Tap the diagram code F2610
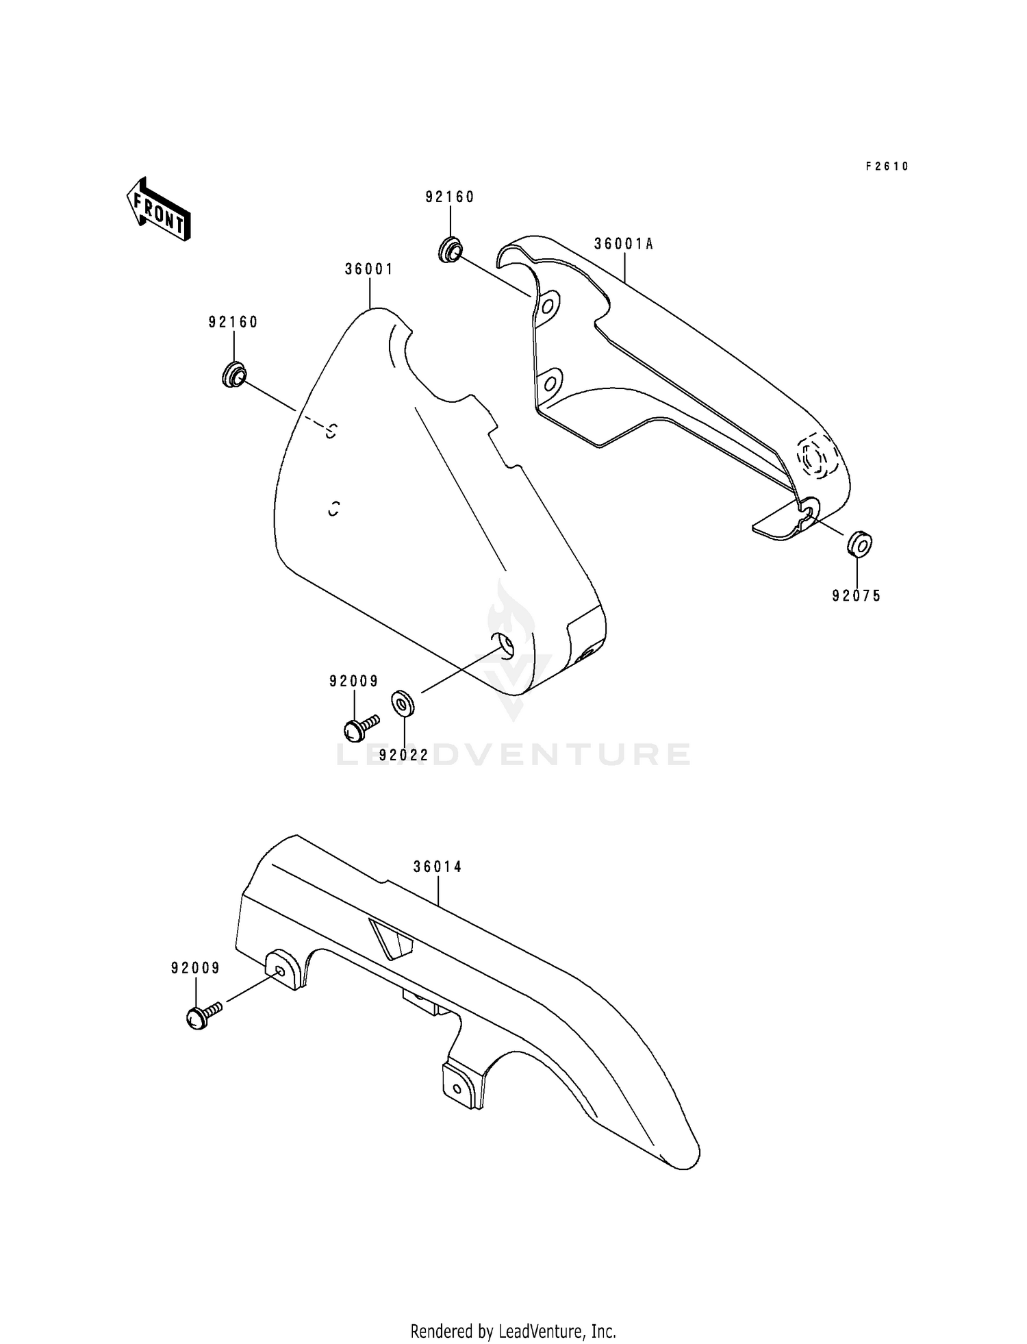click(x=887, y=166)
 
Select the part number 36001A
click(x=624, y=244)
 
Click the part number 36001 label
click(x=369, y=269)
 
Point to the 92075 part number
click(x=857, y=596)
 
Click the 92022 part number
click(x=404, y=755)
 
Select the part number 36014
click(x=438, y=867)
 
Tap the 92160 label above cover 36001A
click(x=450, y=197)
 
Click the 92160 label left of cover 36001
click(x=233, y=322)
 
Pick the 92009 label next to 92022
click(x=354, y=681)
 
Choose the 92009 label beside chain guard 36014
click(x=196, y=968)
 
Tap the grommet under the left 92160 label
click(x=233, y=375)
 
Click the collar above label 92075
click(x=859, y=545)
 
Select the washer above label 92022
click(x=401, y=704)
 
